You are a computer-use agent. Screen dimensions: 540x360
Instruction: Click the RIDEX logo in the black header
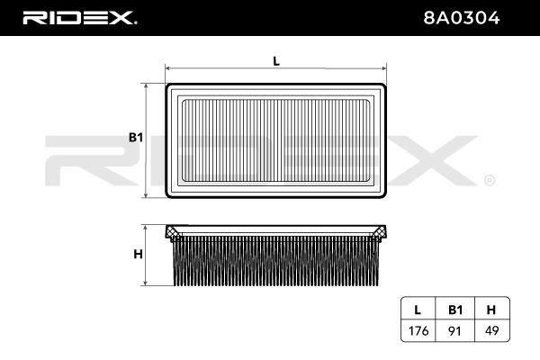pos(79,18)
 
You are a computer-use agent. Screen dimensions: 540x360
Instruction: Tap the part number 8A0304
pos(462,18)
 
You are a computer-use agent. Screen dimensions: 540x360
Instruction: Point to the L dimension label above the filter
pos(276,61)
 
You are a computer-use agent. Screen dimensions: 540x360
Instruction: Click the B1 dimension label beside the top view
pos(136,138)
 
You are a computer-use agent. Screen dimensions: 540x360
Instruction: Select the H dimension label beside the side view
pos(138,254)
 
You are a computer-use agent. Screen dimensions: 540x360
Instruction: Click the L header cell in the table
pos(418,310)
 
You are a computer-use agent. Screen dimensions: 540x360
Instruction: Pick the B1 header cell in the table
pos(455,310)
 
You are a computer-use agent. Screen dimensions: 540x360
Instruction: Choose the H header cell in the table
pos(491,310)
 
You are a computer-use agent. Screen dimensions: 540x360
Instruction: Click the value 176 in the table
pos(418,331)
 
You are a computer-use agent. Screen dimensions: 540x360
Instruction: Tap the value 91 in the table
pos(454,331)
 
